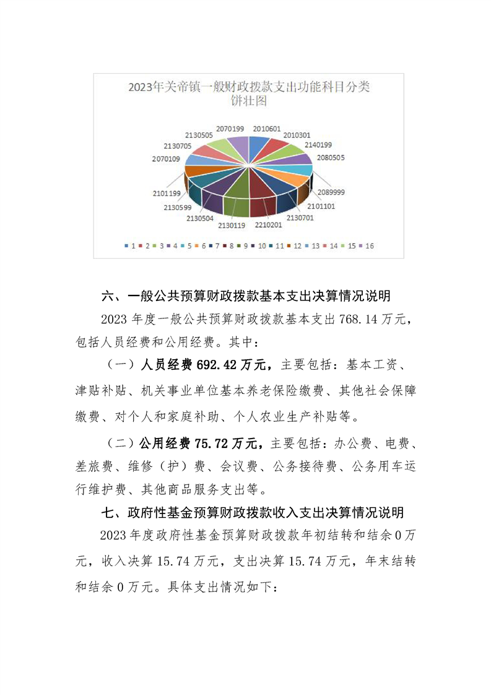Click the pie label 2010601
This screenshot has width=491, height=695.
point(266,128)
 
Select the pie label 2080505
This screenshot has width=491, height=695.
point(331,157)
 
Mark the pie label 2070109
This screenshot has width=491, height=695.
point(167,159)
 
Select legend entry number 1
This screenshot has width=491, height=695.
point(130,246)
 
